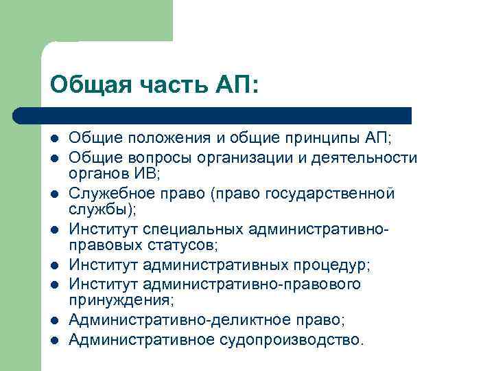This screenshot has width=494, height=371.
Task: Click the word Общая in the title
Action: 82,85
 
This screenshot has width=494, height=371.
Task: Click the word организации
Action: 252,157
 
